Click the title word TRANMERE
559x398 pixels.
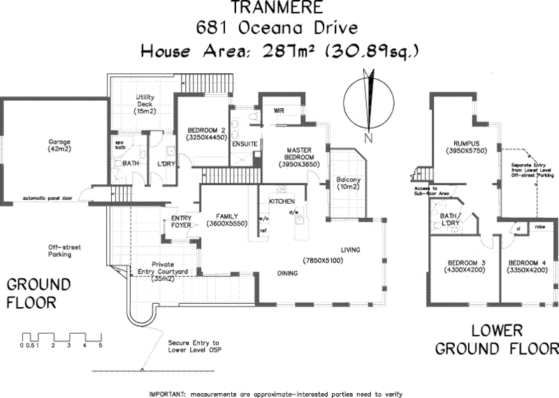(278, 9)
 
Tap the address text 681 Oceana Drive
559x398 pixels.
(278, 29)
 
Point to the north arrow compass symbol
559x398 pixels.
(369, 101)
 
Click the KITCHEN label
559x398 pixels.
(281, 201)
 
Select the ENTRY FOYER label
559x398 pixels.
(181, 221)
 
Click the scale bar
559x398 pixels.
(61, 337)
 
